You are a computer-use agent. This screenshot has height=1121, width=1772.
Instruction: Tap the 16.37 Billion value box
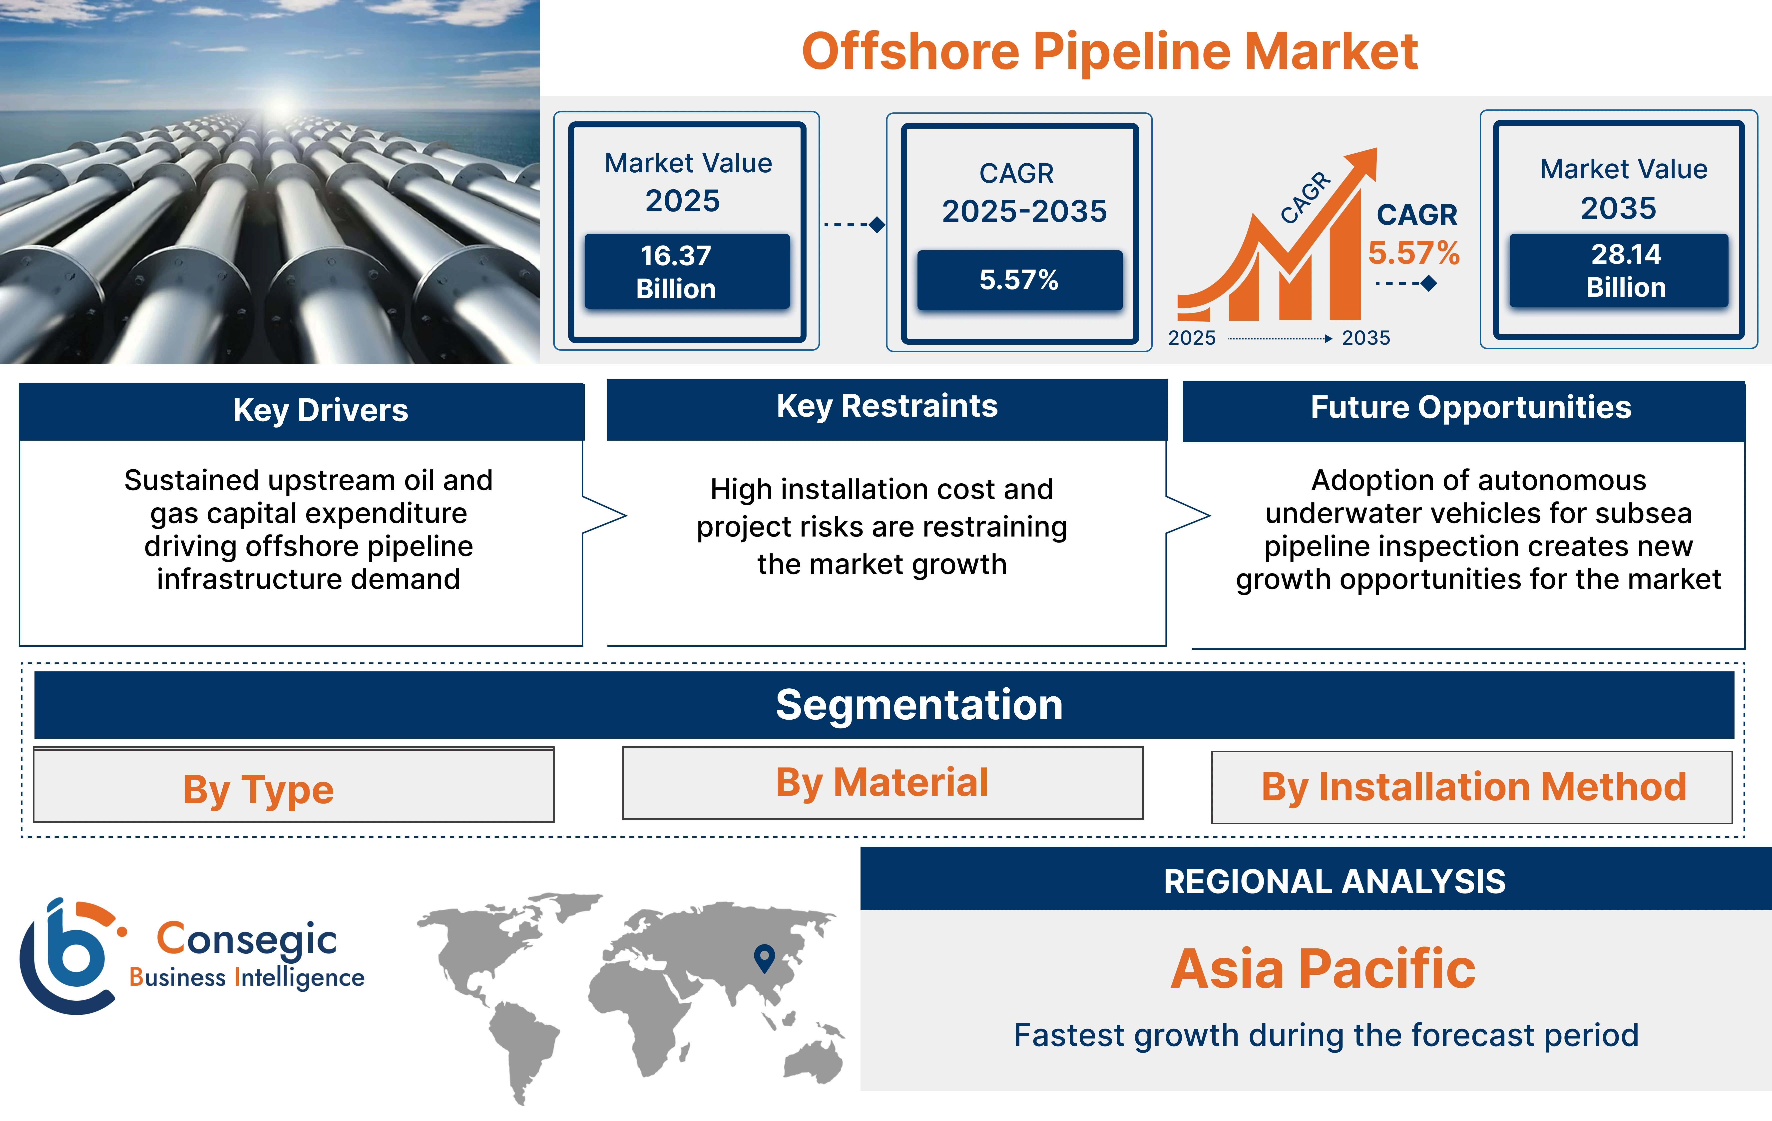(687, 272)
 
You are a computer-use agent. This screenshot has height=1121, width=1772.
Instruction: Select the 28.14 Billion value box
(1618, 270)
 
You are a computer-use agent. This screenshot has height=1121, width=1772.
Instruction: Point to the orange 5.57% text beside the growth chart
(1413, 253)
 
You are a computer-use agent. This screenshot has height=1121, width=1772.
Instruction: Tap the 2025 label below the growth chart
(1191, 338)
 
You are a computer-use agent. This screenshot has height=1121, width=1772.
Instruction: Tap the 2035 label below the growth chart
(1366, 338)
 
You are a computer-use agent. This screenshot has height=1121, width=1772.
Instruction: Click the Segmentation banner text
(919, 705)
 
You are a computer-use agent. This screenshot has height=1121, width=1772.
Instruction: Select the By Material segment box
(882, 783)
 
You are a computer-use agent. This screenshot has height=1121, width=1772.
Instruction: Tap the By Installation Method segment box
(1472, 787)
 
